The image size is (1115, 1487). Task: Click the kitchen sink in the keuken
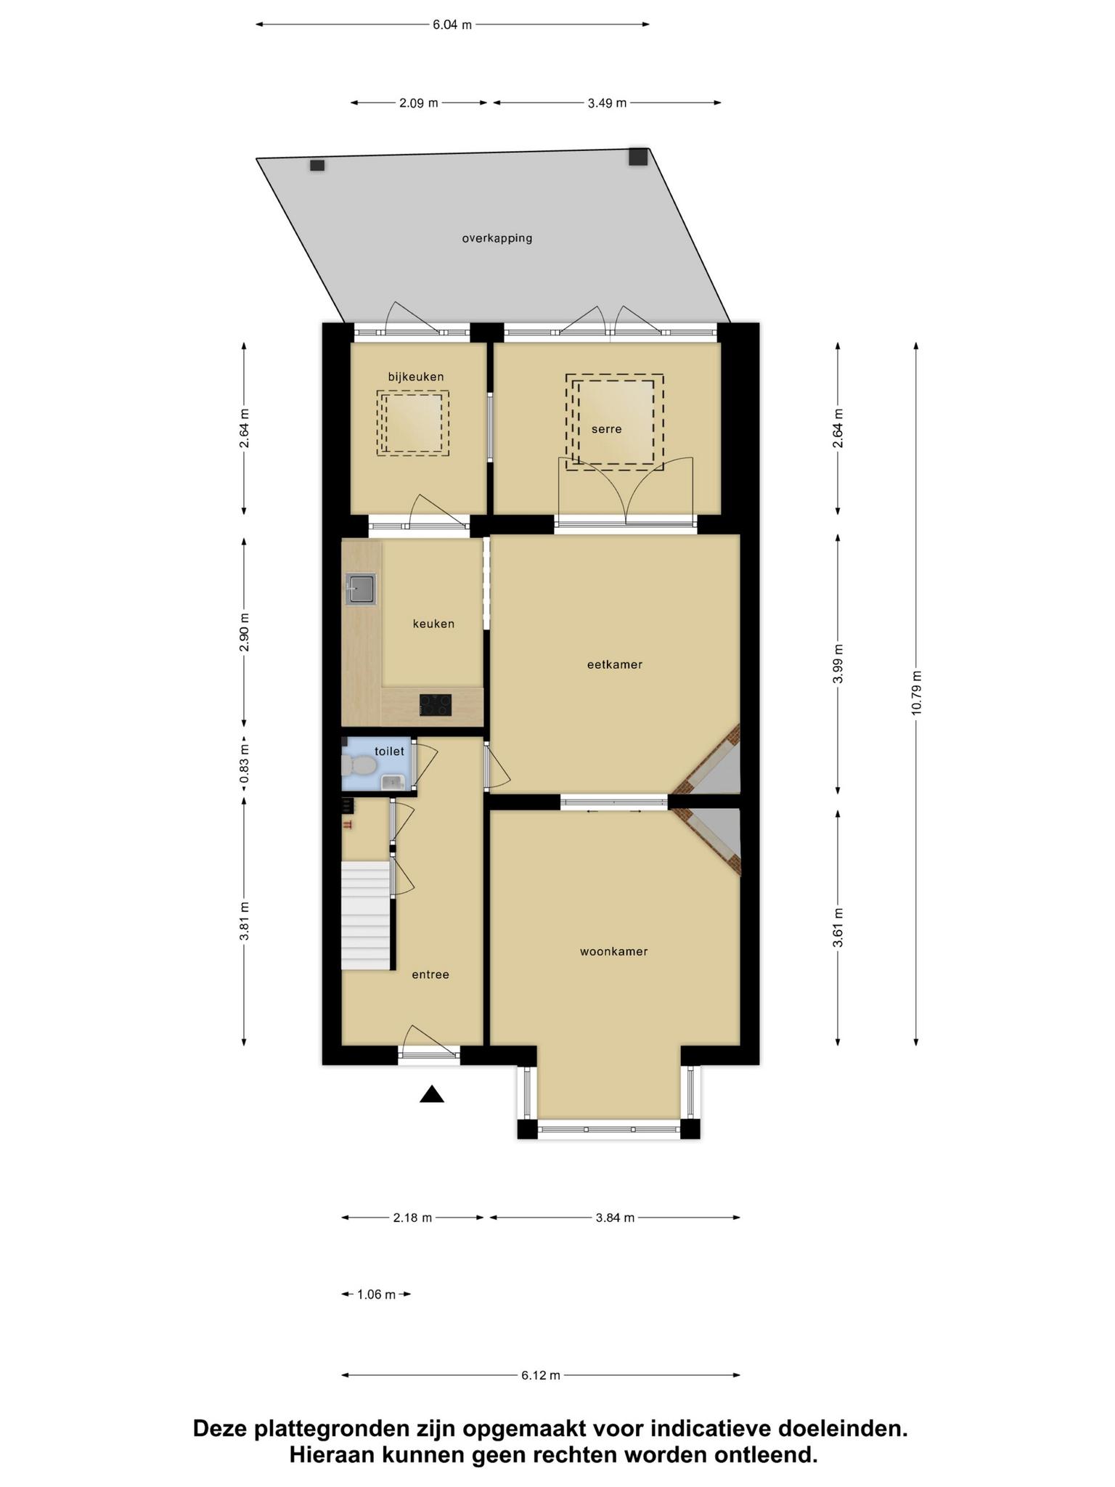[362, 589]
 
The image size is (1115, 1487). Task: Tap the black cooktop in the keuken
[436, 705]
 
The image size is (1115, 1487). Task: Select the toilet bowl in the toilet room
[359, 765]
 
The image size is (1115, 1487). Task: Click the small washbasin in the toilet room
[392, 782]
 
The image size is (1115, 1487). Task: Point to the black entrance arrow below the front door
[431, 1094]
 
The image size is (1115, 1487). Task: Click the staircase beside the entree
[367, 916]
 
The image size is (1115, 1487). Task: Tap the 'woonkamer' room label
[613, 952]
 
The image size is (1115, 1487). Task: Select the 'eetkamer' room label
[615, 664]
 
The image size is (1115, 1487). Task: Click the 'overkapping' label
[497, 238]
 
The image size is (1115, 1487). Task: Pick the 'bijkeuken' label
[416, 377]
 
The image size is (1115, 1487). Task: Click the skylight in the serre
[615, 422]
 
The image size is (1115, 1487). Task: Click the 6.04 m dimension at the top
[452, 25]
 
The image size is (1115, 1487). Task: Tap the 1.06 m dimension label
[376, 1295]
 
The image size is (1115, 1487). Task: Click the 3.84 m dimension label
[615, 1218]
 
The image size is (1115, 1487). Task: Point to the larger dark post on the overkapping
[638, 157]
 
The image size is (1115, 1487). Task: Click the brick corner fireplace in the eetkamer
[708, 759]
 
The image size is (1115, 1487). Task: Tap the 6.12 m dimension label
[541, 1375]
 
